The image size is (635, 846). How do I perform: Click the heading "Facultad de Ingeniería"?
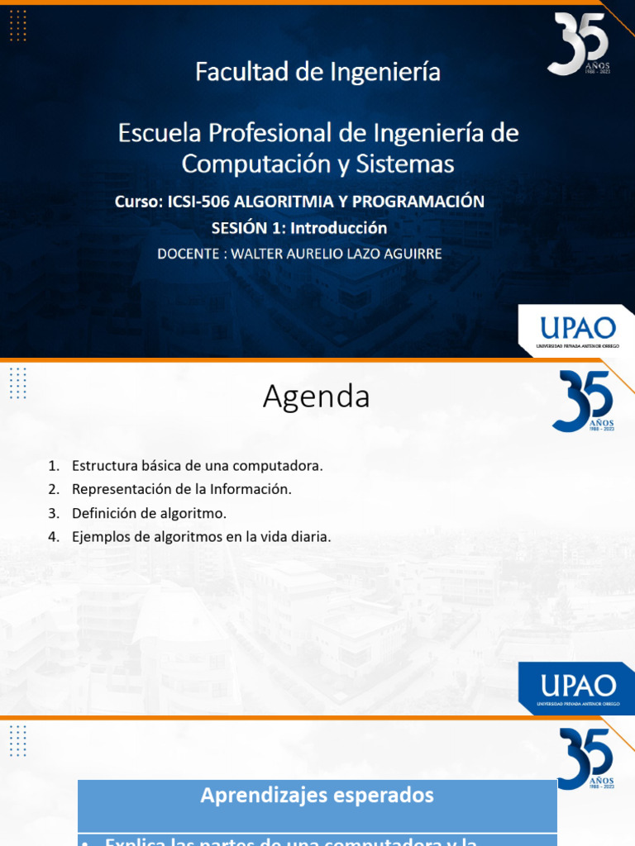click(317, 73)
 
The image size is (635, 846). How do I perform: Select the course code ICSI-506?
click(199, 202)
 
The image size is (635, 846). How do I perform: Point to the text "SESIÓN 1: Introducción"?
click(299, 227)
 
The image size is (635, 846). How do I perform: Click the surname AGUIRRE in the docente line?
click(405, 253)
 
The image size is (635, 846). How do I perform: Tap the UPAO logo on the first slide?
click(575, 329)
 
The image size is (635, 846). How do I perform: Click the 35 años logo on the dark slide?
click(578, 43)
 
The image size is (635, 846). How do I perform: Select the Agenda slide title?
click(317, 397)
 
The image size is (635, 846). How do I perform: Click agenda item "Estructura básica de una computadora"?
click(197, 465)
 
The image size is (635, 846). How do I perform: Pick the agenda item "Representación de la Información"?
click(182, 489)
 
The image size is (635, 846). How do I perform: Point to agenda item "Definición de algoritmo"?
click(149, 513)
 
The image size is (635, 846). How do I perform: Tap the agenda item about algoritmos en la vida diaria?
click(201, 537)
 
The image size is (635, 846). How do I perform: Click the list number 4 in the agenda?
click(52, 537)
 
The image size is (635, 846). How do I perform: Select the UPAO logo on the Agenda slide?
click(576, 687)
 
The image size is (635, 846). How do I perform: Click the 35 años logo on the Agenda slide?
click(582, 401)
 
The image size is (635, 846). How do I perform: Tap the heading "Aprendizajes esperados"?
click(317, 796)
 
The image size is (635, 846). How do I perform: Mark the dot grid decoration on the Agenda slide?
click(18, 383)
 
